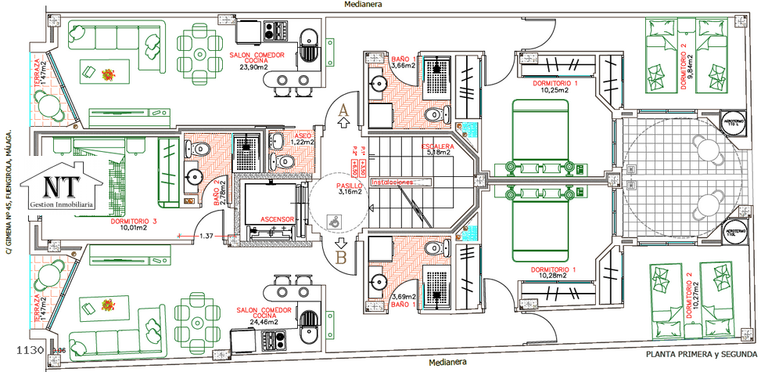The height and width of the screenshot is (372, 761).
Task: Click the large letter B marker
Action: click(342, 255)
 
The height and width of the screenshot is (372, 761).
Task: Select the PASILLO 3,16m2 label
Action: click(350, 188)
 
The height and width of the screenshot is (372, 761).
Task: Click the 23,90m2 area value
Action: click(254, 67)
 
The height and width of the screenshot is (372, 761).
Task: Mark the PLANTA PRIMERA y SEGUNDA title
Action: click(700, 356)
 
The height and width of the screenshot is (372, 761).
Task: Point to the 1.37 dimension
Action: click(206, 236)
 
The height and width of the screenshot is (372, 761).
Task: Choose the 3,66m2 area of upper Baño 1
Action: click(402, 66)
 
